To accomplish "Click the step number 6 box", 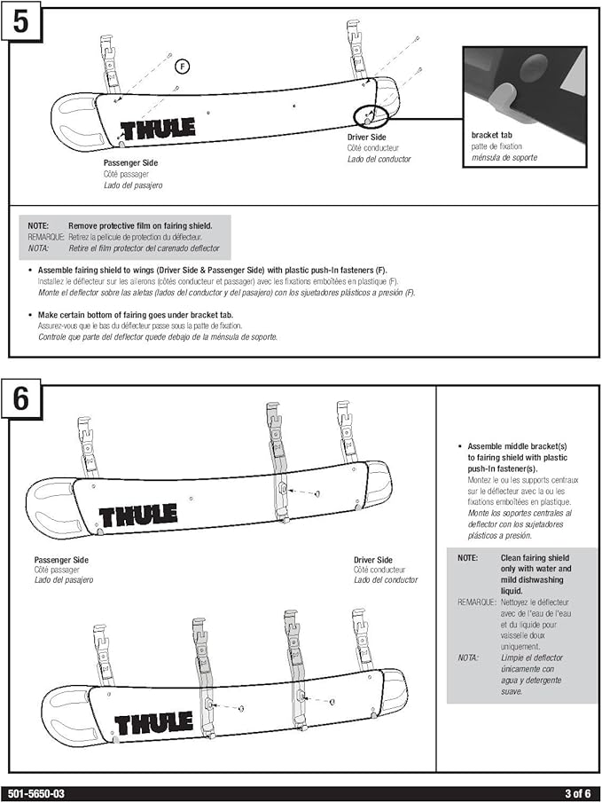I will pos(20,398).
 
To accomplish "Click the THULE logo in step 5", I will pos(158,130).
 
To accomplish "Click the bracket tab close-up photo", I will pos(524,85).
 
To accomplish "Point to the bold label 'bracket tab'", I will pos(491,135).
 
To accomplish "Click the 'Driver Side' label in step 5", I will pos(366,138).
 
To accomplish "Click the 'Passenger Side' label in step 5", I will pos(130,163).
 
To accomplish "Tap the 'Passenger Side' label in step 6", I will pos(61,560).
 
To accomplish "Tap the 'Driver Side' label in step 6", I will pos(373,560).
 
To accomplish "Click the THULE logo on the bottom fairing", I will pos(153,723).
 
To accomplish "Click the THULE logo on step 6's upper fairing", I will pos(137,515).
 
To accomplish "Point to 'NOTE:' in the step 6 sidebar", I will pos(467,558).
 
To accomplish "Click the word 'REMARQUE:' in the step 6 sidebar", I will pos(477,602).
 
